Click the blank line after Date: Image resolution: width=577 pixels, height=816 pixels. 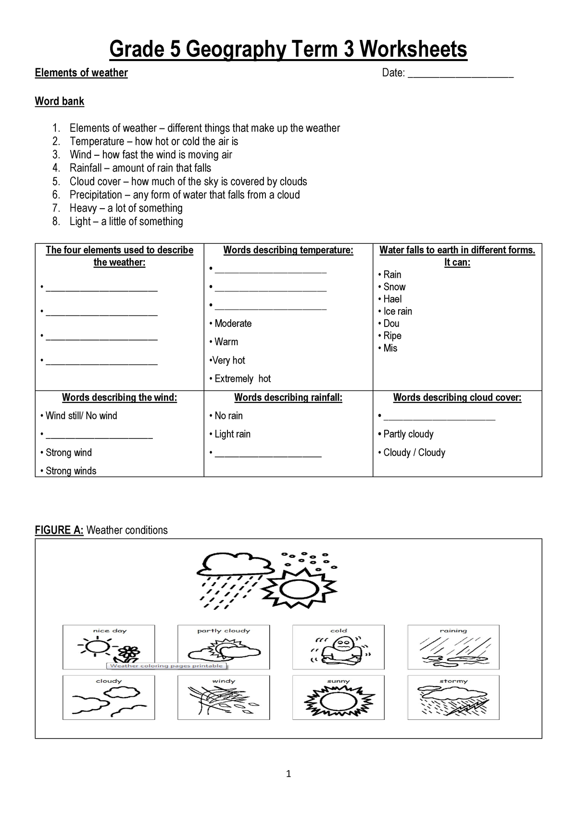(x=460, y=75)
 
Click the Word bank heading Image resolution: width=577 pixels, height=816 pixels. (x=60, y=101)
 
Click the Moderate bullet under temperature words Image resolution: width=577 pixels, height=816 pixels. (x=233, y=324)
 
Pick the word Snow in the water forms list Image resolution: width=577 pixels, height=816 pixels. (x=394, y=287)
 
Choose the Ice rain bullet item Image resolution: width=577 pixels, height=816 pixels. (x=397, y=312)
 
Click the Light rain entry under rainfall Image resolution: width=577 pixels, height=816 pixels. (x=232, y=434)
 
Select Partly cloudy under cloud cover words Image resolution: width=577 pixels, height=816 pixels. (x=408, y=434)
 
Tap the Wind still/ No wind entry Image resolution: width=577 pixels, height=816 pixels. (x=81, y=416)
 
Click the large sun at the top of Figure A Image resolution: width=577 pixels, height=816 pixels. (x=299, y=588)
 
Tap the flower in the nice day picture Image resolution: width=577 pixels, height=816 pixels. (x=128, y=654)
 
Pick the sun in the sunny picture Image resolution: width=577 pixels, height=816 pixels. (x=339, y=702)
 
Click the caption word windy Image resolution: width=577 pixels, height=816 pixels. (x=224, y=681)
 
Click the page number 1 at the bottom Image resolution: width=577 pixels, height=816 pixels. (x=288, y=774)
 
